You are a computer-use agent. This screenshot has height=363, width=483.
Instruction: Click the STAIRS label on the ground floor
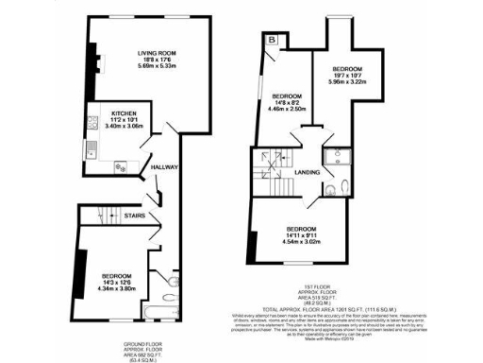click(134, 216)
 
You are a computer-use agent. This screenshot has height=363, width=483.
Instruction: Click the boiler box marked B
click(272, 41)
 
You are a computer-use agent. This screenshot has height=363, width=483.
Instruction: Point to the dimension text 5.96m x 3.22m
click(349, 82)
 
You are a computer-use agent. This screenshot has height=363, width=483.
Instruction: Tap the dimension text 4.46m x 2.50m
click(287, 110)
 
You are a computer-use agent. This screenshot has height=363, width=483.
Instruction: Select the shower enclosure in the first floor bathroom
click(335, 158)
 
